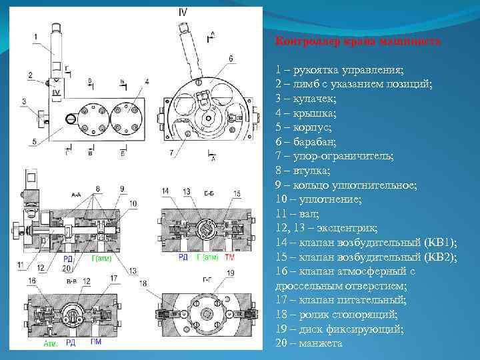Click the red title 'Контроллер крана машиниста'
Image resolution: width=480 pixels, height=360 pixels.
tap(358, 41)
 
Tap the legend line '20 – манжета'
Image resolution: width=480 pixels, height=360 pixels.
tap(309, 343)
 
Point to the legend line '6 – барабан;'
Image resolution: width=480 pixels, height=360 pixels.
tap(308, 141)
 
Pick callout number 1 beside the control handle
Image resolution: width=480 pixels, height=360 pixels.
tap(35, 37)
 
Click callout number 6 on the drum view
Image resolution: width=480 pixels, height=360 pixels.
tap(231, 59)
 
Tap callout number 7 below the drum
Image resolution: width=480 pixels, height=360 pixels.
tap(171, 153)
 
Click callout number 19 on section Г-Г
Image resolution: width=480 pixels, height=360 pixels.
tap(231, 273)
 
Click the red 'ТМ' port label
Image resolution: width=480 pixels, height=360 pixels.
tap(230, 257)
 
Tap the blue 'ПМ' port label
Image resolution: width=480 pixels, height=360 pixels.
tap(97, 343)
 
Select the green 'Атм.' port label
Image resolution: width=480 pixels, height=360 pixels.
tap(50, 344)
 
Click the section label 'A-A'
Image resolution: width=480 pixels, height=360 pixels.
tap(75, 194)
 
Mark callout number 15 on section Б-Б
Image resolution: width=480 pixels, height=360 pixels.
tap(237, 193)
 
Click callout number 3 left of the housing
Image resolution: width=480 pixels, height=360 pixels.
tap(24, 101)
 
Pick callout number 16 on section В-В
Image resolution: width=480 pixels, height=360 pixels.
tap(32, 281)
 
